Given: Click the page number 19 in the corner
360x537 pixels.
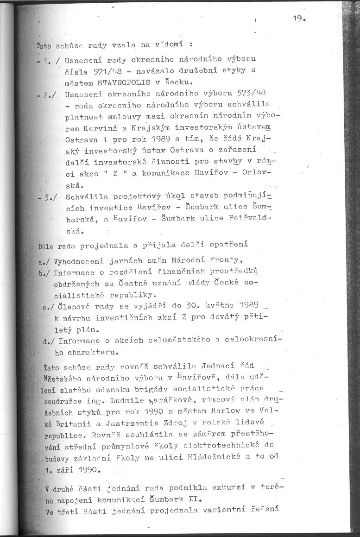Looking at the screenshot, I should click(299, 19).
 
